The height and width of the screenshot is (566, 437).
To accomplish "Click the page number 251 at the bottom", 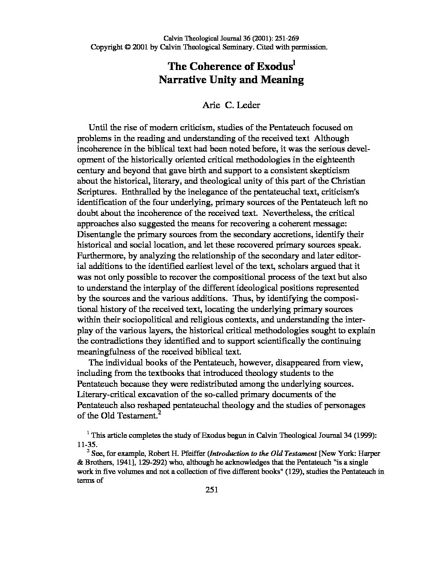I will click(x=211, y=489).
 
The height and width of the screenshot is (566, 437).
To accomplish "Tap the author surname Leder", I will click(x=248, y=105).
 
